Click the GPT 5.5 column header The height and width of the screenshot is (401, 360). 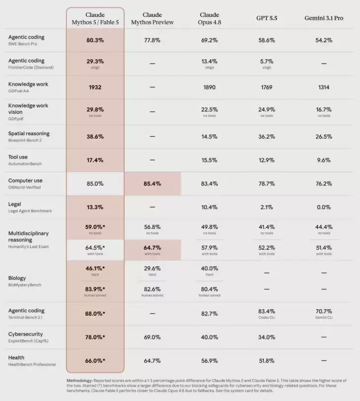click(267, 18)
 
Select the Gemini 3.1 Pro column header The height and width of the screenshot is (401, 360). click(323, 18)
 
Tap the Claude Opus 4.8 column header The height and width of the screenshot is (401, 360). click(209, 18)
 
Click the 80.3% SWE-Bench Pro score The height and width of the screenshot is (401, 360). click(95, 40)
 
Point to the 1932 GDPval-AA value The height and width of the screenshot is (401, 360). click(95, 87)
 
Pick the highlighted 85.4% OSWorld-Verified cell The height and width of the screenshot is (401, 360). click(152, 183)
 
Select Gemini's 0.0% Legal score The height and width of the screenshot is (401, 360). click(323, 207)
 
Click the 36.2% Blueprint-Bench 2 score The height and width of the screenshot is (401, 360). click(267, 137)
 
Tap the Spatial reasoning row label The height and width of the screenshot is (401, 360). click(29, 134)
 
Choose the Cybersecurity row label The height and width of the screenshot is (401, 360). click(25, 334)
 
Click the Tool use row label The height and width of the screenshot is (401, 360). click(18, 157)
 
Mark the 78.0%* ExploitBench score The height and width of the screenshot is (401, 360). click(95, 337)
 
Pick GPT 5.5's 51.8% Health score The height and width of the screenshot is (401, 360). click(267, 361)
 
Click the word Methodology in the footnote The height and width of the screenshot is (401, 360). click(79, 381)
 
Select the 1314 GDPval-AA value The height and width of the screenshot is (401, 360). click(323, 87)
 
